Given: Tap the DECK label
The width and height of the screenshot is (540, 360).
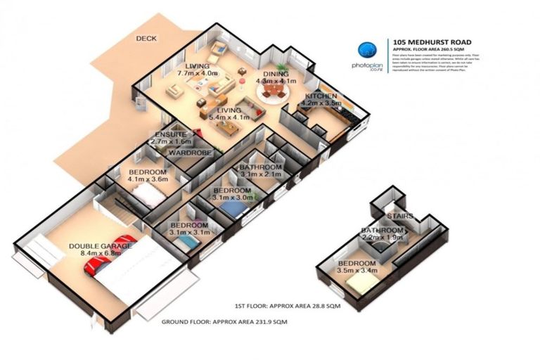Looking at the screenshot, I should (147, 39).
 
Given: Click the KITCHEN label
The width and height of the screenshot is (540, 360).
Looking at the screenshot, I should (321, 96).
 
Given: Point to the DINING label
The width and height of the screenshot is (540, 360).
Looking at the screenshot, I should (276, 73).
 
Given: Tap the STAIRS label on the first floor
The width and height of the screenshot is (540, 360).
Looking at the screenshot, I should (399, 216).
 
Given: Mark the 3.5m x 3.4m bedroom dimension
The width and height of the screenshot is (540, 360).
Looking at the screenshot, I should (358, 269).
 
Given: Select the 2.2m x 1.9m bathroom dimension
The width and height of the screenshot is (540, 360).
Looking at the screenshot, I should (382, 238).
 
